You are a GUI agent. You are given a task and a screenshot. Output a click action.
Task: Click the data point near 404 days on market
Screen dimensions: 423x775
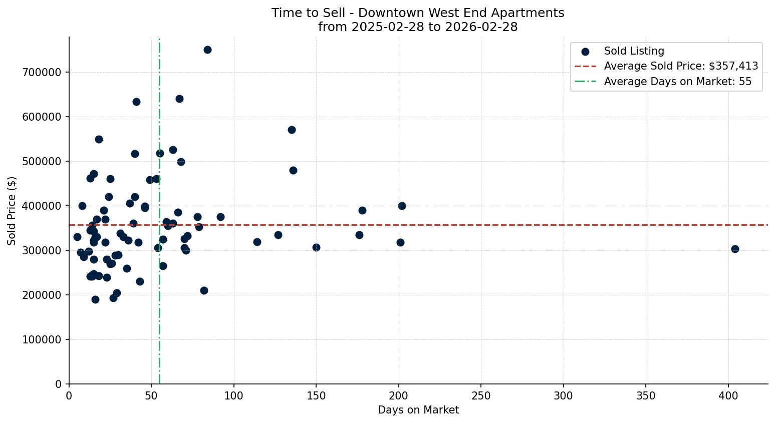pos(735,249)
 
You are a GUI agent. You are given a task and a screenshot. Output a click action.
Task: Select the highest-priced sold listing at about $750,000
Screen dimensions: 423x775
pos(207,50)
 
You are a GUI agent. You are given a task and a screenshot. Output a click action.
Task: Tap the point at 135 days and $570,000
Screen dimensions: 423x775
pos(292,130)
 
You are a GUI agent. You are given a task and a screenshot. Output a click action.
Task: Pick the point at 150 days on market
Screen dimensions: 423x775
pos(316,247)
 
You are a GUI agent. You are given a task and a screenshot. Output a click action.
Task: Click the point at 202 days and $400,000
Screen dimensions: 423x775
pos(402,206)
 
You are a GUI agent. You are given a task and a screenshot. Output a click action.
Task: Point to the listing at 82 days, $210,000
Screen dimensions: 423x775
pos(204,290)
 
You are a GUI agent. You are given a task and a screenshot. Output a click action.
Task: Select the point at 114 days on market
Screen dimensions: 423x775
pos(257,242)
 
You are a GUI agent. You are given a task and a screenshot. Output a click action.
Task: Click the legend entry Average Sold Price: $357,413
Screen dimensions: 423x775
pos(681,66)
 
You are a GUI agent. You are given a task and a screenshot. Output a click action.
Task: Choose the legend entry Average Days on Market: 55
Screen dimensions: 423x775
pos(677,82)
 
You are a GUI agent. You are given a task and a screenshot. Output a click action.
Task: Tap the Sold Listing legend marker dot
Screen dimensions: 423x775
pos(585,52)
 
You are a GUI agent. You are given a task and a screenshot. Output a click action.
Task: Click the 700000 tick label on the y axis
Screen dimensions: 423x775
pos(42,73)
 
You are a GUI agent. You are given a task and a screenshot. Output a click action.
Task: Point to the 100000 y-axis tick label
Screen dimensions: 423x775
pos(42,340)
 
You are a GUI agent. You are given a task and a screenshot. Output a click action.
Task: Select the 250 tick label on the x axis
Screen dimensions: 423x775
pos(481,395)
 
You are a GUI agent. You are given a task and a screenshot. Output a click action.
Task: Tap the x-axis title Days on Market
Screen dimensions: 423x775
pos(418,410)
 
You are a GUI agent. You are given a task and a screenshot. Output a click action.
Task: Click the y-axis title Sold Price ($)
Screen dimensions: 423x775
pos(12,211)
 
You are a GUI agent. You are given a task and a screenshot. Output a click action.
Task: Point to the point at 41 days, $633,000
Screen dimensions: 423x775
pos(136,102)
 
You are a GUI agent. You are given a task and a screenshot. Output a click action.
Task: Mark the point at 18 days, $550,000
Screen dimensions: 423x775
pos(99,139)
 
